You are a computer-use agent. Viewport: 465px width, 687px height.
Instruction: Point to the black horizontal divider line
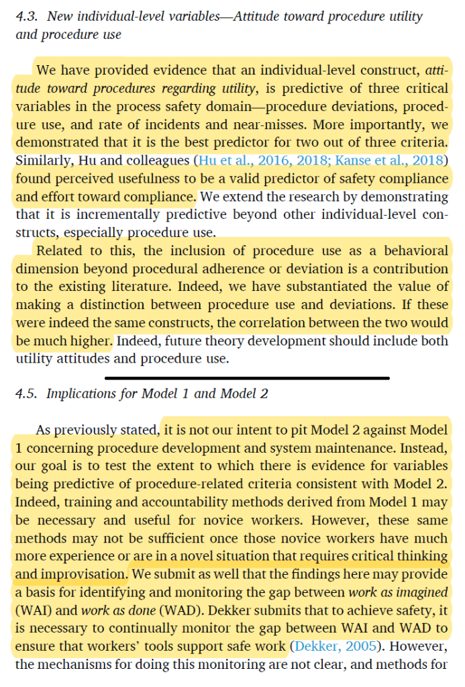[x=247, y=378]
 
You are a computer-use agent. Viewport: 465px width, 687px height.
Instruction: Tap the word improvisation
[x=82, y=575]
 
